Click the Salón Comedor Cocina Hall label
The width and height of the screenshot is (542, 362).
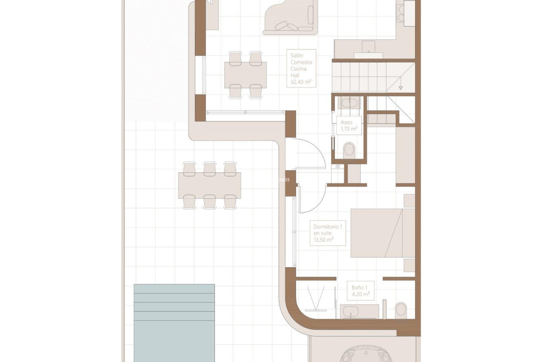click(x=301, y=68)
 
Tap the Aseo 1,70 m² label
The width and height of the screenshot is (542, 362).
click(x=349, y=126)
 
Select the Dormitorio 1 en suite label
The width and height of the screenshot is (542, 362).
click(x=327, y=233)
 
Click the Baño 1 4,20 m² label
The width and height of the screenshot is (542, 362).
click(x=360, y=291)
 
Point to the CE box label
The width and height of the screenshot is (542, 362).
click(x=338, y=167)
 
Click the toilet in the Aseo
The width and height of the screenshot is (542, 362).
click(x=349, y=149)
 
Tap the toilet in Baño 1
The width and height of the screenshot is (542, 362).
click(x=401, y=310)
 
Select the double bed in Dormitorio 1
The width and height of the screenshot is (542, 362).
click(x=383, y=233)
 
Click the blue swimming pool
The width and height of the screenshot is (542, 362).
click(x=174, y=322)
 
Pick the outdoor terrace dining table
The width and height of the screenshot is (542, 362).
click(x=209, y=186)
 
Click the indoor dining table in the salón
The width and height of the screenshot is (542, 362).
click(x=245, y=75)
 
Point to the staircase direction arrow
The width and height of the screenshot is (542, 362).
click(x=400, y=88)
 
